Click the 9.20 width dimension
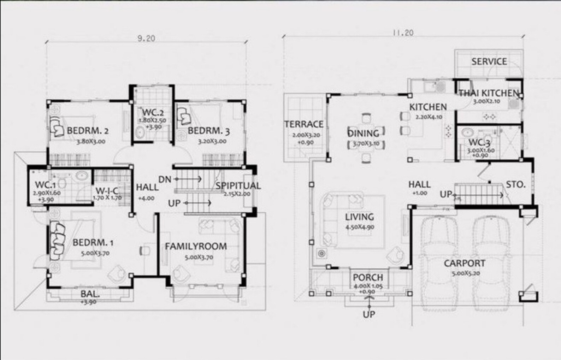pyautogui.click(x=146, y=38)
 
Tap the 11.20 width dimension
pyautogui.click(x=403, y=33)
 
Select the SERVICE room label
pyautogui.click(x=489, y=61)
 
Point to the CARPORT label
pyautogui.click(x=464, y=263)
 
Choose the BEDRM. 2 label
pyautogui.click(x=88, y=131)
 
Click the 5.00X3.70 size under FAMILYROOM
pyautogui.click(x=199, y=257)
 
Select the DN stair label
pyautogui.click(x=165, y=179)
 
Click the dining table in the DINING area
pyautogui.click(x=366, y=143)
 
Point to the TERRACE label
pyautogui.click(x=304, y=124)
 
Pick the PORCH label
pyautogui.click(x=368, y=278)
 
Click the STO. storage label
pyautogui.click(x=515, y=184)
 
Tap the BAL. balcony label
pyautogui.click(x=90, y=294)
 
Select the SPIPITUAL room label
pyautogui.click(x=238, y=186)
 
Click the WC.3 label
pyautogui.click(x=479, y=143)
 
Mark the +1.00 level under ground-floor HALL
pyautogui.click(x=420, y=193)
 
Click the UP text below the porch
pyautogui.click(x=369, y=314)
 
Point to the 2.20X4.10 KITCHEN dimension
pyautogui.click(x=429, y=117)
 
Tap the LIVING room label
pyautogui.click(x=359, y=217)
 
